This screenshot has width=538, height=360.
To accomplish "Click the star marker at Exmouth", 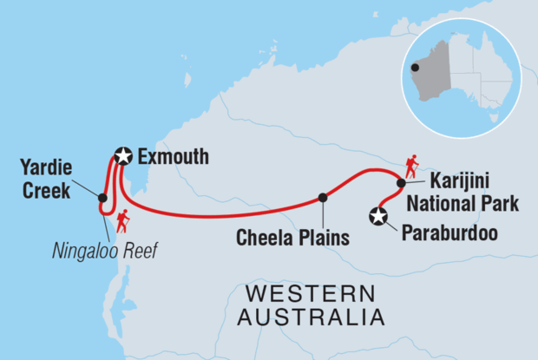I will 124,157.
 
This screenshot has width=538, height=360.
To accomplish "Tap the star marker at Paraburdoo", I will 378,217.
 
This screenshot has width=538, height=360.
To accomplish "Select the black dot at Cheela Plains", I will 323,197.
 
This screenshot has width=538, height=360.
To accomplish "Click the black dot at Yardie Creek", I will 102,198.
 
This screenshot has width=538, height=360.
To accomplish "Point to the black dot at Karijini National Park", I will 401,183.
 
